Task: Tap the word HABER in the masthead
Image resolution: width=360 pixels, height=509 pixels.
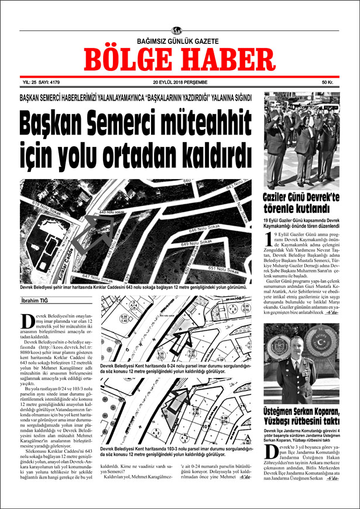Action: point(225,59)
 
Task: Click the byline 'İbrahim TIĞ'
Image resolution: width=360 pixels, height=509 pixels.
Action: point(36,301)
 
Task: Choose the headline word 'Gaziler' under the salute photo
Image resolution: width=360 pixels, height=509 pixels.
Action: point(281,197)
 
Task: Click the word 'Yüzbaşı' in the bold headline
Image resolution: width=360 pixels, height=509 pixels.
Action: point(283,421)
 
